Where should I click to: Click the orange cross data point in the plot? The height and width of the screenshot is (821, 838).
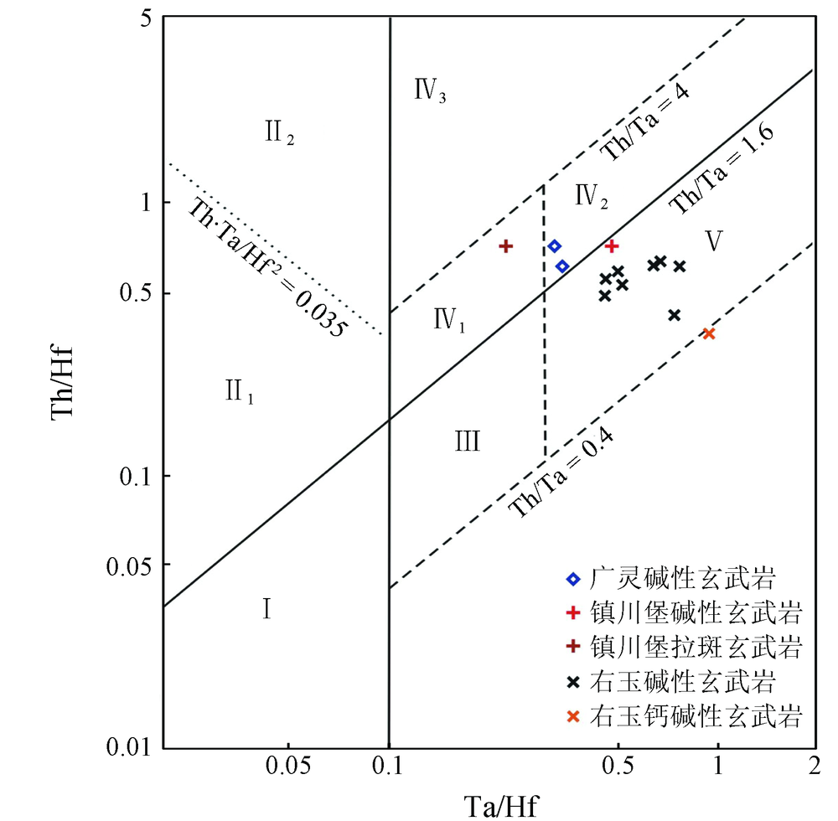coord(709,333)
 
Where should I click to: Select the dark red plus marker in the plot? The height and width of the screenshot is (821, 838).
coord(505,246)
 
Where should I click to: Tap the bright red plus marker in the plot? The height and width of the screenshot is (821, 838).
coord(612,246)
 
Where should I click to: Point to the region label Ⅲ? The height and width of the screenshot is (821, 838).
coord(468,441)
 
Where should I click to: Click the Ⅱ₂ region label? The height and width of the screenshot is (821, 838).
coord(279,133)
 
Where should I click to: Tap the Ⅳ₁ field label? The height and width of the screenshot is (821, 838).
coord(449,320)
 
